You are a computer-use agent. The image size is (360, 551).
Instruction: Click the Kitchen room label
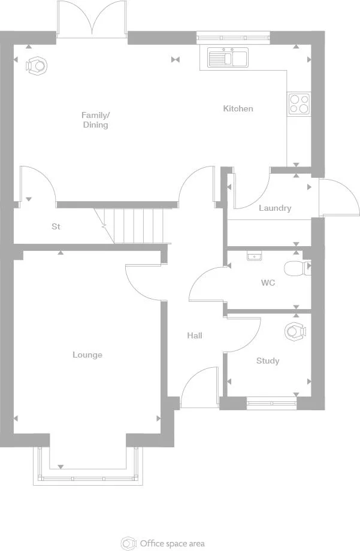(x=238, y=108)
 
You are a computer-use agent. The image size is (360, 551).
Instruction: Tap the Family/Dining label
(x=96, y=120)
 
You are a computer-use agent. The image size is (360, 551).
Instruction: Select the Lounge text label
(x=87, y=355)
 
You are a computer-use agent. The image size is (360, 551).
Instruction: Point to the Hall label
(x=194, y=335)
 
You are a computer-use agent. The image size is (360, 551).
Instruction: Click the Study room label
(x=268, y=361)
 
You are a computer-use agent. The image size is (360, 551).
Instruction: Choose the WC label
(x=268, y=282)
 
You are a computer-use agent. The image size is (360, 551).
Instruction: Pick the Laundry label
(x=275, y=208)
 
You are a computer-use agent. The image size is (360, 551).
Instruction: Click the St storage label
(x=56, y=226)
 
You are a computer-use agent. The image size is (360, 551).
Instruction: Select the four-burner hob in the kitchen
(x=299, y=104)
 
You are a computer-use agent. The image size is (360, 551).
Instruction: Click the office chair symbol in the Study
(x=294, y=331)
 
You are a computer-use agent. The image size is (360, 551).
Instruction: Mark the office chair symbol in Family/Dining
(x=37, y=64)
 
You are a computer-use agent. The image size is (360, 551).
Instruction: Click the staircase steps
(x=138, y=225)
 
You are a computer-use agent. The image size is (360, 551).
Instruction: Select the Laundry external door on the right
(x=338, y=198)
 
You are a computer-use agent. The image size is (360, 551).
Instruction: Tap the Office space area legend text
(x=172, y=543)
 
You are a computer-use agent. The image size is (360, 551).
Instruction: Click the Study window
(x=272, y=404)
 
